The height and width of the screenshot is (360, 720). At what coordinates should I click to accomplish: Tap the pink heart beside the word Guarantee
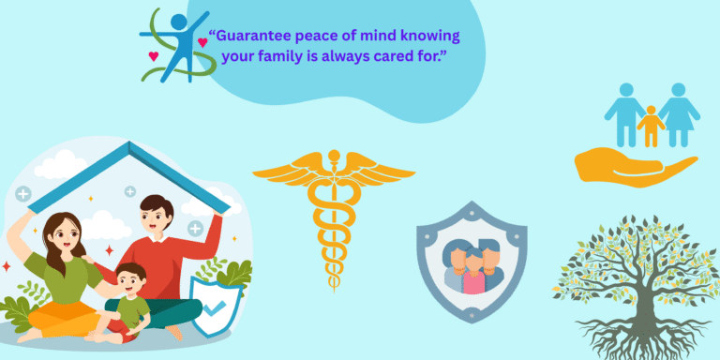(202, 42)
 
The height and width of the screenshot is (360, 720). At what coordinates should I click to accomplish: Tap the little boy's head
(131, 278)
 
